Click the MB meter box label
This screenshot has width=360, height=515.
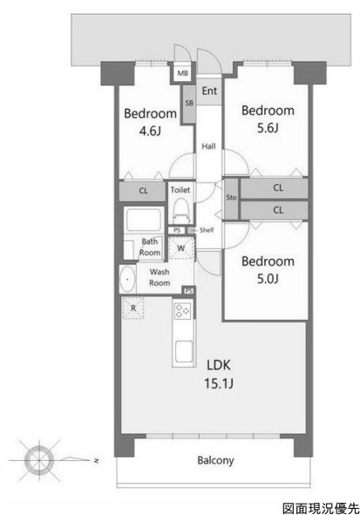coord(183,73)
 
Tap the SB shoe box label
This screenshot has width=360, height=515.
coord(189,103)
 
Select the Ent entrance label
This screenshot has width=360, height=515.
coord(209,91)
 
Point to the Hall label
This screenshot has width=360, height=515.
coord(208,146)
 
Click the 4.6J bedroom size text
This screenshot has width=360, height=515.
coord(150,132)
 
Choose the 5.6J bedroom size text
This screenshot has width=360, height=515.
coord(268,128)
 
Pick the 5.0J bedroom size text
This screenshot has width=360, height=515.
coord(268,279)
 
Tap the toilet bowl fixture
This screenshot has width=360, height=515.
coord(181,211)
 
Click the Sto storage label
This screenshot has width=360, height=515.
coord(231,198)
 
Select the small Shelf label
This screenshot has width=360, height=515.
coord(207,230)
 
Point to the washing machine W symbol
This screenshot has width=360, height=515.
coord(181,248)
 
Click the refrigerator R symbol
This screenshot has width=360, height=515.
coord(133,308)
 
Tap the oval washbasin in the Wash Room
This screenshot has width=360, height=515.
coord(127,280)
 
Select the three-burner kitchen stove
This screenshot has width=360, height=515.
coord(182,310)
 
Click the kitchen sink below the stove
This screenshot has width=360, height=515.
coord(184,352)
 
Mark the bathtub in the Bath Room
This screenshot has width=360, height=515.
coord(144,220)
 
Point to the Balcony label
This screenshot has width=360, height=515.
coord(215,460)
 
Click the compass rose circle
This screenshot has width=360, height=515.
coord(39,460)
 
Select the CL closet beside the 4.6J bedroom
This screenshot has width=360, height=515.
coord(143,191)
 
